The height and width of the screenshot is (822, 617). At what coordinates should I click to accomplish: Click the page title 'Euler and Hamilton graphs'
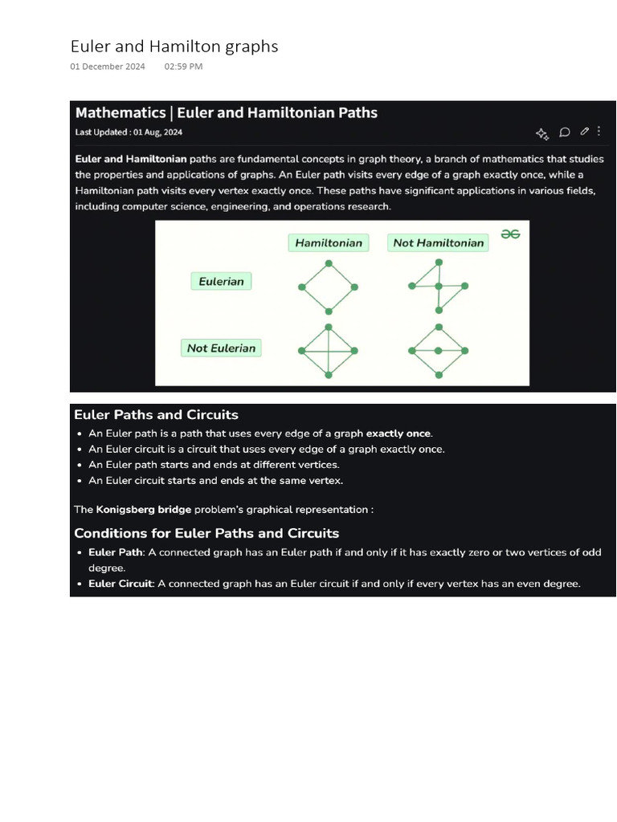pyautogui.click(x=174, y=47)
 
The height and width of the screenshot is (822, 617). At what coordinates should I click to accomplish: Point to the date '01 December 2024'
pyautogui.click(x=108, y=67)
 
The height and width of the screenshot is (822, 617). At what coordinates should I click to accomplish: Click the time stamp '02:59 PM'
pyautogui.click(x=183, y=67)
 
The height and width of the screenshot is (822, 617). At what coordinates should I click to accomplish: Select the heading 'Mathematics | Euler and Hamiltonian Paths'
pyautogui.click(x=226, y=113)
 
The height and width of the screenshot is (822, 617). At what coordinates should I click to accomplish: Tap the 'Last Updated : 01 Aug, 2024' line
pyautogui.click(x=129, y=132)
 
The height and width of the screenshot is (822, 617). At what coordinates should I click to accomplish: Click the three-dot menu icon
pyautogui.click(x=599, y=131)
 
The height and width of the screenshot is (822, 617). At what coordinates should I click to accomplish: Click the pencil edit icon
pyautogui.click(x=584, y=132)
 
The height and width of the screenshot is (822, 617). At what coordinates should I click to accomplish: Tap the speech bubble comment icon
pyautogui.click(x=565, y=132)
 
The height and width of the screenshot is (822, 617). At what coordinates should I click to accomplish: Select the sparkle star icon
pyautogui.click(x=541, y=133)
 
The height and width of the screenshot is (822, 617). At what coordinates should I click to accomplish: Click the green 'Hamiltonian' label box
pyautogui.click(x=328, y=242)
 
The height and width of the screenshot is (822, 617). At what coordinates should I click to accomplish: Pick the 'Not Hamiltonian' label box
pyautogui.click(x=438, y=242)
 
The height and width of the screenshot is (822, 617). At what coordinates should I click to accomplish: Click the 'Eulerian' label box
pyautogui.click(x=221, y=281)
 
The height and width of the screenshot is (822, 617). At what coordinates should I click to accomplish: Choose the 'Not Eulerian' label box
pyautogui.click(x=221, y=348)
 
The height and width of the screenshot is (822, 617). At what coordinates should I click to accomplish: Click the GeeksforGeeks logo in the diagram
pyautogui.click(x=510, y=234)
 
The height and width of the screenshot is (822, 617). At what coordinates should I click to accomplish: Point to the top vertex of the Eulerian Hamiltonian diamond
pyautogui.click(x=329, y=262)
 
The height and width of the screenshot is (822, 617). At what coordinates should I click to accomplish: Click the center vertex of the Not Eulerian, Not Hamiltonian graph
pyautogui.click(x=438, y=351)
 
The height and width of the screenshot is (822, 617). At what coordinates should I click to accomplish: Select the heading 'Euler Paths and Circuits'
pyautogui.click(x=156, y=415)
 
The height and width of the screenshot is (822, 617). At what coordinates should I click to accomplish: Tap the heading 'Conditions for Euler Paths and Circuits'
pyautogui.click(x=206, y=533)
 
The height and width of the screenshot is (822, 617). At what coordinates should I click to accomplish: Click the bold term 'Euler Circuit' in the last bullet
pyautogui.click(x=120, y=584)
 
